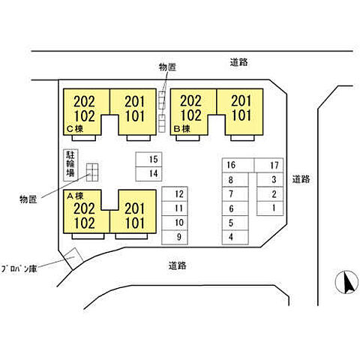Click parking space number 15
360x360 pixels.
(148, 159)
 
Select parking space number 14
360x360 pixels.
(148, 174)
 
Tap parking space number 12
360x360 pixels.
(175, 193)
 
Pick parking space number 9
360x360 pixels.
(175, 237)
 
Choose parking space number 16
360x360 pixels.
(238, 165)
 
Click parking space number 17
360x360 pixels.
(268, 165)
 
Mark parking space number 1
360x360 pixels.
(270, 208)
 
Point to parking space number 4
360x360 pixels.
(235, 237)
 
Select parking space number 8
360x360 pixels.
(235, 179)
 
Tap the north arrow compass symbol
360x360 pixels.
(346, 282)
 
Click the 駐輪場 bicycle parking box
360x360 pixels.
(70, 165)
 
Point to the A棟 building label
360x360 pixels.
(75, 196)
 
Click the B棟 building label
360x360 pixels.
(182, 129)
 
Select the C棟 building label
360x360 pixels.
(75, 129)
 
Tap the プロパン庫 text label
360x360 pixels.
(19, 268)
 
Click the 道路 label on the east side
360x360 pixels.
(301, 179)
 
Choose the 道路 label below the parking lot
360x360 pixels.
(177, 265)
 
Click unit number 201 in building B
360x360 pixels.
(241, 101)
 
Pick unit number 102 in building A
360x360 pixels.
(85, 223)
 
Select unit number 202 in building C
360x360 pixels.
(85, 102)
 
